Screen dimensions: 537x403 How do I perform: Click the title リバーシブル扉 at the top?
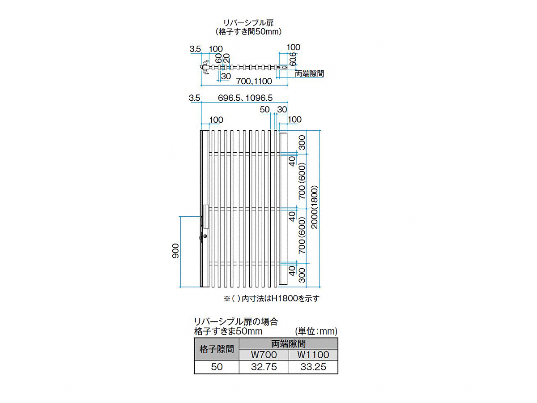(248, 23)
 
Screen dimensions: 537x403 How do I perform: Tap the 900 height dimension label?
(175, 251)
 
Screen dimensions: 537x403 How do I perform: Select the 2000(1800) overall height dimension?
(314, 207)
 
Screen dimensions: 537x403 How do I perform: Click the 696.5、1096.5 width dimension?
(245, 98)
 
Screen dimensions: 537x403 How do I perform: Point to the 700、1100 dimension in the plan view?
(254, 81)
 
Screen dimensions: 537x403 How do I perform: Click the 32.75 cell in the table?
(264, 367)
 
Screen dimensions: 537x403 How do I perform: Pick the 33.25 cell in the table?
(313, 367)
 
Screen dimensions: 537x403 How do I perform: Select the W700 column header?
(264, 355)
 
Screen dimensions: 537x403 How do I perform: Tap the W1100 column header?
(313, 355)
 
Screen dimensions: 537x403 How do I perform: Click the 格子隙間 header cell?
(217, 349)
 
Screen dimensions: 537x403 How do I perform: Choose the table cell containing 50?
(217, 367)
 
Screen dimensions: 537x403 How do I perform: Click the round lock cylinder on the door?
(205, 236)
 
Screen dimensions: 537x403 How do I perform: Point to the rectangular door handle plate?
(206, 217)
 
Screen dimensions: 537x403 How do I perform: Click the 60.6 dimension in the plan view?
(293, 59)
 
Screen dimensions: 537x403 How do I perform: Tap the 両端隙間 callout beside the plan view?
(309, 73)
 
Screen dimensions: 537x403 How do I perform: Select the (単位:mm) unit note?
(316, 331)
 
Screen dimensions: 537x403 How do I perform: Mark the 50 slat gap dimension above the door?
(265, 109)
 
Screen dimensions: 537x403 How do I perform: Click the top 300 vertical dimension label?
(302, 142)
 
